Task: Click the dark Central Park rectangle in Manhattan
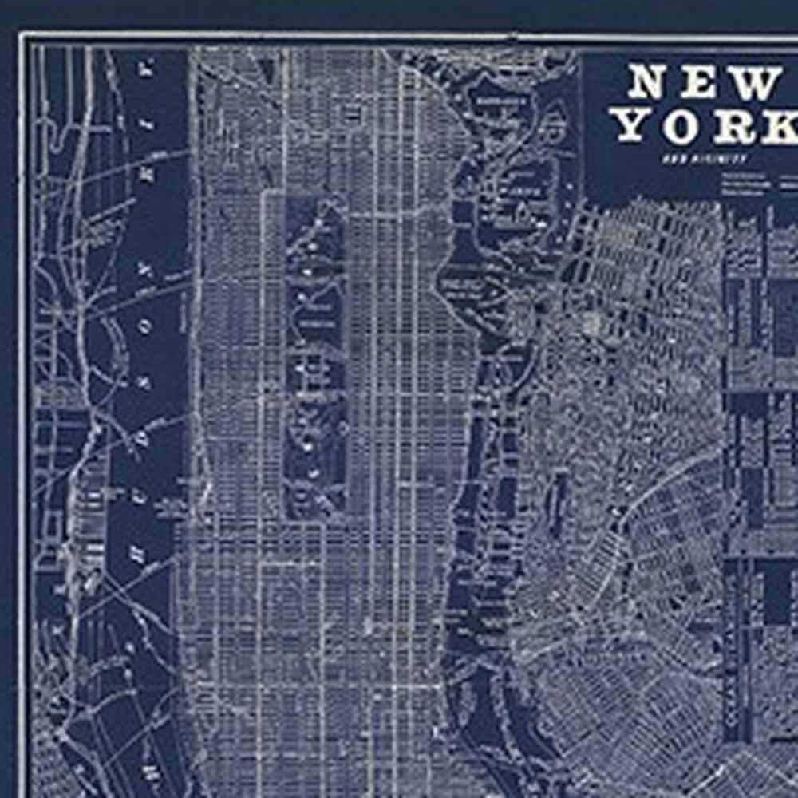point(316,351)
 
